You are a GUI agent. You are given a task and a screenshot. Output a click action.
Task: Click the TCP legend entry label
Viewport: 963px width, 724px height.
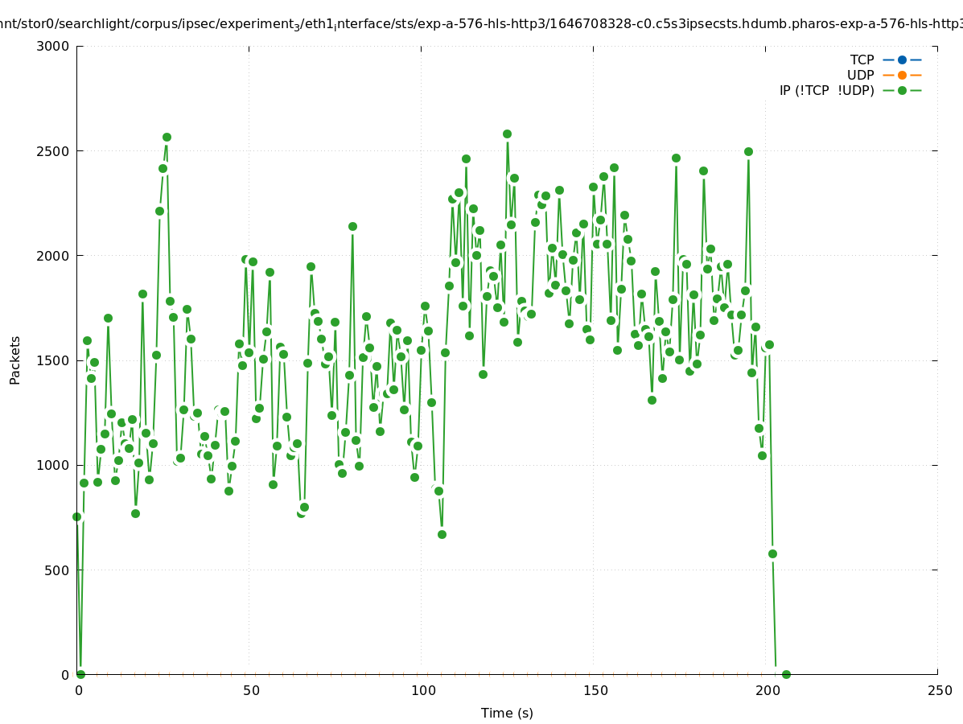(x=862, y=60)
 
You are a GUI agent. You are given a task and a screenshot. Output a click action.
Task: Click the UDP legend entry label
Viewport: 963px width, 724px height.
(x=860, y=75)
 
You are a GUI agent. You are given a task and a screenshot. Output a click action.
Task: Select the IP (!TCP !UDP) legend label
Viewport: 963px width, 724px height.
(x=826, y=90)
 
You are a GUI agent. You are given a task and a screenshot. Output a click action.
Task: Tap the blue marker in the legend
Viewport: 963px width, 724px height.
(x=902, y=60)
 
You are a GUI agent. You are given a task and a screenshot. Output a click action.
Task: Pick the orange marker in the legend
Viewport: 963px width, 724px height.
(x=902, y=75)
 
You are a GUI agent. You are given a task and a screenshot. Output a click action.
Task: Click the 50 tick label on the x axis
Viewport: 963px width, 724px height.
(x=251, y=690)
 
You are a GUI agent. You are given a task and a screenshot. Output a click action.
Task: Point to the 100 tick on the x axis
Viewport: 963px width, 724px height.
(x=423, y=690)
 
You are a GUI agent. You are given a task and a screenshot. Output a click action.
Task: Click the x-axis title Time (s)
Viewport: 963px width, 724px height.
(x=507, y=713)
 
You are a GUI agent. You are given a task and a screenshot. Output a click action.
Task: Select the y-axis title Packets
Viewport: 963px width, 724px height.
(x=15, y=360)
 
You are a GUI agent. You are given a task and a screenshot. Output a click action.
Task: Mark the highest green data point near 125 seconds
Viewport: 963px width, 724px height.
(x=507, y=134)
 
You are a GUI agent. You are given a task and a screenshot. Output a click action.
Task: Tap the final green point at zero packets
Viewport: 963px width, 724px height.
(x=786, y=674)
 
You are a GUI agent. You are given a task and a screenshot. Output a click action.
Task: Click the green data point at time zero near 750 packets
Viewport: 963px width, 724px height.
(x=77, y=516)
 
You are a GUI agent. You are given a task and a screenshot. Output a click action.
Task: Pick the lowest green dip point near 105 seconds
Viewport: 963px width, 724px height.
(x=442, y=534)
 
